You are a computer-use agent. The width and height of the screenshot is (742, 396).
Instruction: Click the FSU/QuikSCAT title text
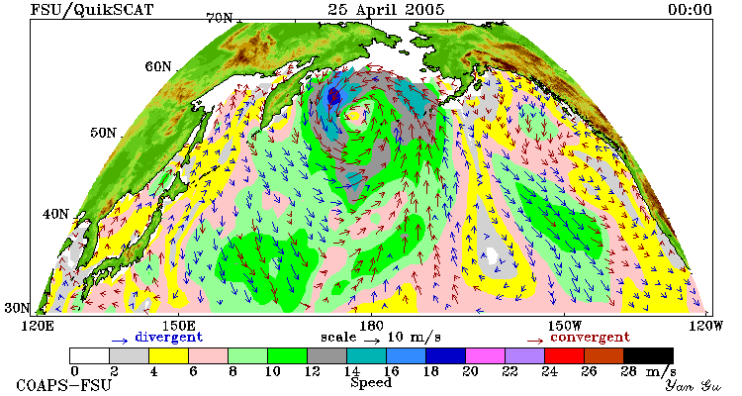point(92,10)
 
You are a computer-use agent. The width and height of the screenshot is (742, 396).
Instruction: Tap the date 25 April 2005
point(386,9)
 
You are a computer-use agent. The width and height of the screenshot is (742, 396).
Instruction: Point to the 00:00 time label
point(690,10)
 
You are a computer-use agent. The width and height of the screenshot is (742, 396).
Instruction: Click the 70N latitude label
point(219,18)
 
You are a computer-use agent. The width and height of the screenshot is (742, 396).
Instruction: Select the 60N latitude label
point(158,66)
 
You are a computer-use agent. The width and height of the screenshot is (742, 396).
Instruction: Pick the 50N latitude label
point(103,133)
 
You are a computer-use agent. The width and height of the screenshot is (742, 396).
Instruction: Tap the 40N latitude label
point(55,214)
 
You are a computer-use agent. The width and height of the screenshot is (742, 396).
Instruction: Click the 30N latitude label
point(18,308)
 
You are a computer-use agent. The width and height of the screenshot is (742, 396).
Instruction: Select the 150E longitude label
point(178,326)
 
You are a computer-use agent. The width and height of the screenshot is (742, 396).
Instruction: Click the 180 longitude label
point(371,326)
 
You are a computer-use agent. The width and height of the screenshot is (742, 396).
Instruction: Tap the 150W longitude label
point(565,326)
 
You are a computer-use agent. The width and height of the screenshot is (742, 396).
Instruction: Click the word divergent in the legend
point(169,338)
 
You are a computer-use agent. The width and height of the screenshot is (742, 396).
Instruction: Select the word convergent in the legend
point(590,338)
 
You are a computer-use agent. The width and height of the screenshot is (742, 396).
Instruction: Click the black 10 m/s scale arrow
point(372,340)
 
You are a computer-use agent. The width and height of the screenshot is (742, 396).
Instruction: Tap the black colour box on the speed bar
point(648,355)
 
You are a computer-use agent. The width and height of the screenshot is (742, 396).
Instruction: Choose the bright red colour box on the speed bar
point(564,355)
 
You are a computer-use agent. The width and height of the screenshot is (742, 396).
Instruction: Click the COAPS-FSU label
point(64,385)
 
